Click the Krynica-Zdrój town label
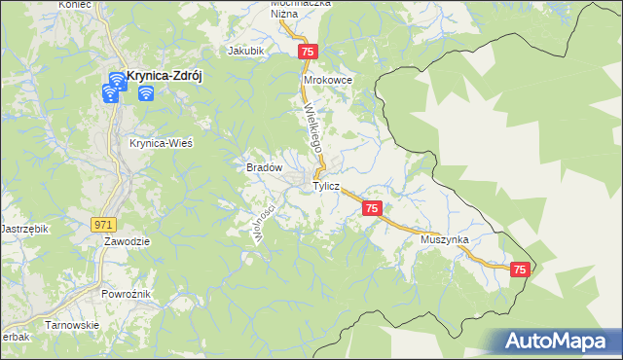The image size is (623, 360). pyautogui.click(x=164, y=81)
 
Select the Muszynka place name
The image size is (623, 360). pyautogui.click(x=446, y=238)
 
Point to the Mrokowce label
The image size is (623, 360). pyautogui.click(x=327, y=80)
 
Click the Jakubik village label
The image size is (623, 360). pyautogui.click(x=245, y=51)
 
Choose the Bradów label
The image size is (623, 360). pyautogui.click(x=264, y=167)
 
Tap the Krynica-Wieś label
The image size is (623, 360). pyautogui.click(x=161, y=142)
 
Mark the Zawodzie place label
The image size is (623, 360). pyautogui.click(x=126, y=241)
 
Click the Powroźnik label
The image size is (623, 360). pyautogui.click(x=127, y=292)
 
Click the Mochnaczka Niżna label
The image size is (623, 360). pyautogui.click(x=301, y=8)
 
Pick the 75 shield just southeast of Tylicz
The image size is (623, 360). pyautogui.click(x=372, y=209)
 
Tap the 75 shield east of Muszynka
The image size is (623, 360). pyautogui.click(x=520, y=270)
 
